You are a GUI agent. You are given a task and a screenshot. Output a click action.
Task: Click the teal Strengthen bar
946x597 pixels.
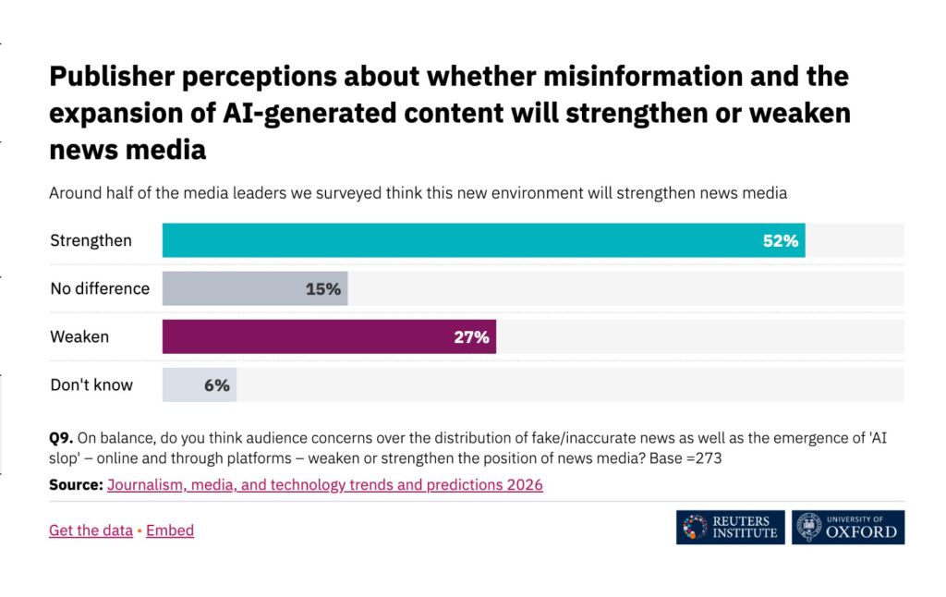[x=462, y=240]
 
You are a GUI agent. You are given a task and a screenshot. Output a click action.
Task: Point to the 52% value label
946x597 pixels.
[x=780, y=241]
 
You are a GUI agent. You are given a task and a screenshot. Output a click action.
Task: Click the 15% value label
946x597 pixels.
[x=323, y=289]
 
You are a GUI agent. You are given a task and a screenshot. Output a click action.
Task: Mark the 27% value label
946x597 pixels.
[x=471, y=337]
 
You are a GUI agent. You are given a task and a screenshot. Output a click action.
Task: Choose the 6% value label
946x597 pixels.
[x=217, y=385]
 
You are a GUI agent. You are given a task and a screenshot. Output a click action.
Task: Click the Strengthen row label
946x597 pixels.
[x=91, y=241]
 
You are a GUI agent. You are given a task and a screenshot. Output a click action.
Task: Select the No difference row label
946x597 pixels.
[x=100, y=289]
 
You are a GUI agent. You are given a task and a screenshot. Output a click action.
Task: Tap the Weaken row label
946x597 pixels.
[x=79, y=337]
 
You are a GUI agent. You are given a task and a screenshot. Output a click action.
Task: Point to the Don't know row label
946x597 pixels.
[x=91, y=385]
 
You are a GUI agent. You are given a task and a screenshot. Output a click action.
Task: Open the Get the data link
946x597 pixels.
[x=91, y=530]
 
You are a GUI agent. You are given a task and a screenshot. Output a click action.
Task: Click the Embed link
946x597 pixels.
[x=170, y=530]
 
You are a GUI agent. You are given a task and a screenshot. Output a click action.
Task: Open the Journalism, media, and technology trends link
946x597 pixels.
[x=324, y=484]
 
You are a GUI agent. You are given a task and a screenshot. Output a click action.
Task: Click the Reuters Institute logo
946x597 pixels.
[x=730, y=527]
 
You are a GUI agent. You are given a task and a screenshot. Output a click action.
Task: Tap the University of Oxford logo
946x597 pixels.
[x=849, y=527]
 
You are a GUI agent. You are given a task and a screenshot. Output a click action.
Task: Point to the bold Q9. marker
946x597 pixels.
[x=61, y=437]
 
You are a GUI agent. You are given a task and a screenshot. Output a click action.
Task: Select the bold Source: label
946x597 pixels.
[x=76, y=484]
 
